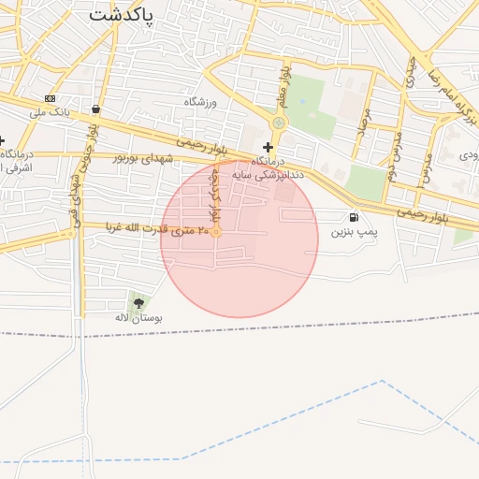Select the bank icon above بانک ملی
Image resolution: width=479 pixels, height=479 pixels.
[x=50, y=99]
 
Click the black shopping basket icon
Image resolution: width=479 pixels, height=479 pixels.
[x=97, y=109]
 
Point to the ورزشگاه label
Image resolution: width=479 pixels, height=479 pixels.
[x=200, y=102]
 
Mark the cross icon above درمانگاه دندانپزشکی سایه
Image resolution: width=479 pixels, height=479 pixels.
[x=269, y=147]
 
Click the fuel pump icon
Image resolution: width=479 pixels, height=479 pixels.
[x=353, y=217]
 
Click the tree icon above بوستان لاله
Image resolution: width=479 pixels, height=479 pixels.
[x=139, y=302]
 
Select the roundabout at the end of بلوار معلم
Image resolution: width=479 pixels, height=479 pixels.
[x=278, y=123]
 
